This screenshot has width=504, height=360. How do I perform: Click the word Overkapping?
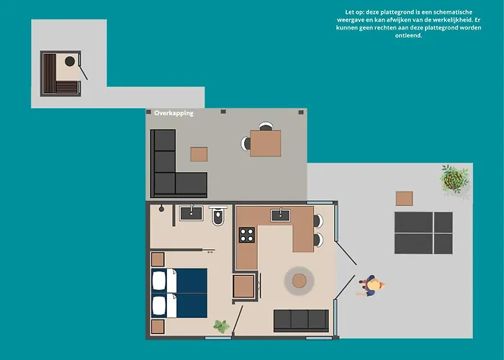174,113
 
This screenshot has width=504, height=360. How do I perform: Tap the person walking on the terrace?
371,285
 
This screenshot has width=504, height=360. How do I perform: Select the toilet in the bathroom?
218,216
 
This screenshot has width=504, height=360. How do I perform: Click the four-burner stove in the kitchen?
246,235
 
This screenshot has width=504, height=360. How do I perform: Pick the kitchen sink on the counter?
280,215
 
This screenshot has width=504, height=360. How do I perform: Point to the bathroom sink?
192,213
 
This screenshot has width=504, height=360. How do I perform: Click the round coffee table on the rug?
300,281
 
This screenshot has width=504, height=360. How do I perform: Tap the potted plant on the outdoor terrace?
454,179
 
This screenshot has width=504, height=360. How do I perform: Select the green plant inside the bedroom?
222,326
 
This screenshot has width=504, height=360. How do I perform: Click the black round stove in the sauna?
70,61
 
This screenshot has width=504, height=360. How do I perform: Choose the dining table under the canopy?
265,143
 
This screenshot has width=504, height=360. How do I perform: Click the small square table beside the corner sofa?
199,154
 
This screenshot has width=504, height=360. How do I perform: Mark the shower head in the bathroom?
161,209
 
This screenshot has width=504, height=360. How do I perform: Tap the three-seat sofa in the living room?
301,320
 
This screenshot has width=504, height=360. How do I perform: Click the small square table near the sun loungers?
405,198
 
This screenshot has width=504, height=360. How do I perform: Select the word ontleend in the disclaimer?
408,35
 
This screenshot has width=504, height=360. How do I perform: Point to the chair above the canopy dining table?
266,126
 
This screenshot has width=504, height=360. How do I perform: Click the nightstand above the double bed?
158,259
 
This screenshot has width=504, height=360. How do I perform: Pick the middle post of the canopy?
223,112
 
